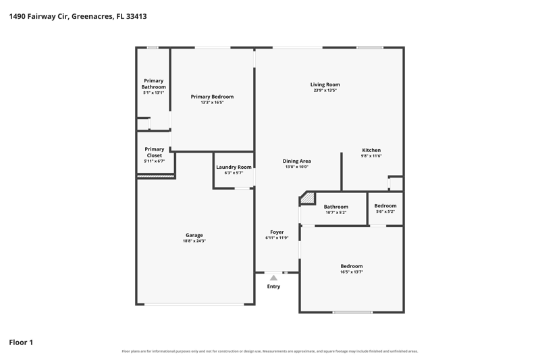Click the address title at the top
point(78,16)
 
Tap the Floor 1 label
point(21,342)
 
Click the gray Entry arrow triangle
point(273,278)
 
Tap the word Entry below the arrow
point(274,286)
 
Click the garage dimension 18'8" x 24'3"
point(194,241)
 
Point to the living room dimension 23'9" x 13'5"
point(325,91)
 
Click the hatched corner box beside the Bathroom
point(308,198)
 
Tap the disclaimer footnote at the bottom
point(270,351)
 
